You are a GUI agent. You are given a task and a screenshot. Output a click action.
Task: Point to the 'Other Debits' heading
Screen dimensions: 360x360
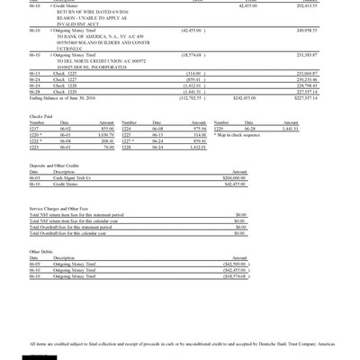pos(41,251)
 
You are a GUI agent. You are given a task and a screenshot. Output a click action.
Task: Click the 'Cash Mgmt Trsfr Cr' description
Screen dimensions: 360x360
pos(76,178)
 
